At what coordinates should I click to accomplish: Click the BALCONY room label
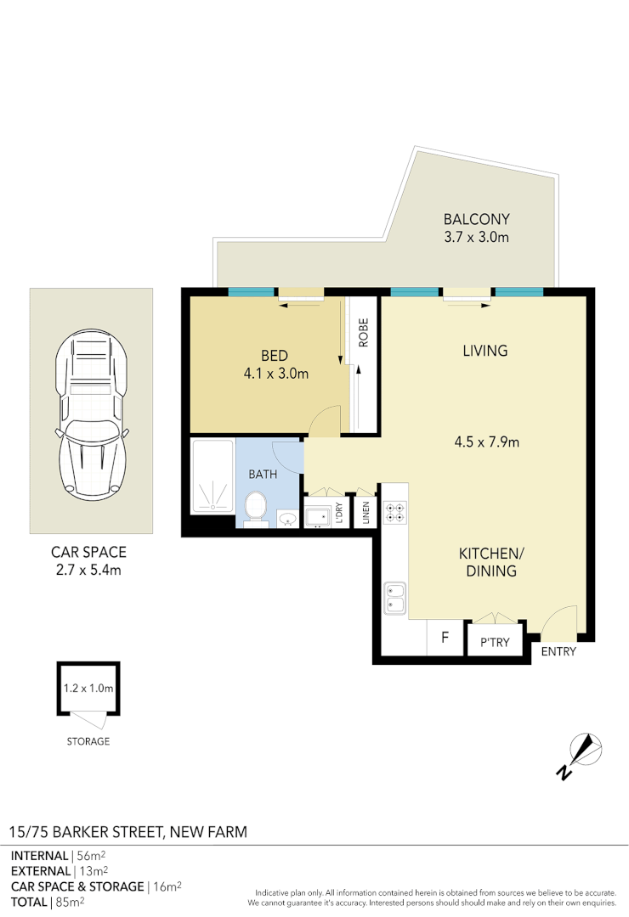tap(476, 217)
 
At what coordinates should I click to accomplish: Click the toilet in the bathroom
tap(256, 509)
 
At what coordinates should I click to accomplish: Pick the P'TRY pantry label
tap(495, 643)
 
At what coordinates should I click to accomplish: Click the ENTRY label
tap(558, 652)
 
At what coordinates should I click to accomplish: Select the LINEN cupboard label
tap(365, 515)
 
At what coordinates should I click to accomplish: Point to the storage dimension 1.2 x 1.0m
tap(88, 689)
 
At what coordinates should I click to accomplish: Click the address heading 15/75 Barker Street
tap(128, 832)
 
